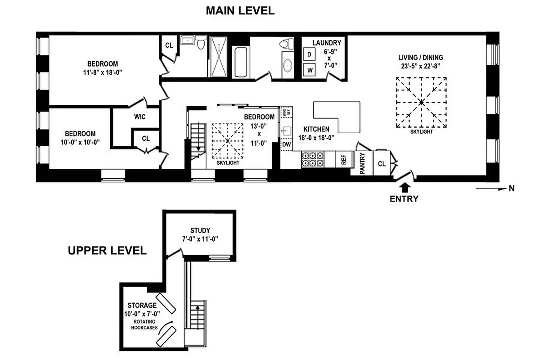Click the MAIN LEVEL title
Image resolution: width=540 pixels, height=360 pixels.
point(240,11)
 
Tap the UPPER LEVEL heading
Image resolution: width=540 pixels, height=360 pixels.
point(107,251)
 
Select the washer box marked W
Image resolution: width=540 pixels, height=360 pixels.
point(309,70)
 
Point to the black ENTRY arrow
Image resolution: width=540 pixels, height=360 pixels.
point(404,186)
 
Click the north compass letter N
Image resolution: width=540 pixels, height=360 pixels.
point(511,189)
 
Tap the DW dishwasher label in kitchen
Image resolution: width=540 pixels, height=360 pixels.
point(286,145)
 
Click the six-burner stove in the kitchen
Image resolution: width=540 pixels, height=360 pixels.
point(313,159)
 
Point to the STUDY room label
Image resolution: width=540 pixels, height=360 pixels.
point(200,230)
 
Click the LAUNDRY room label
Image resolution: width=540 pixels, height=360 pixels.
point(327,43)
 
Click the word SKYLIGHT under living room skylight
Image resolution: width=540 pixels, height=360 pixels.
point(421,132)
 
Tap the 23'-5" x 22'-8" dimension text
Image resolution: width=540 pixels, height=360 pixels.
point(420,66)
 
